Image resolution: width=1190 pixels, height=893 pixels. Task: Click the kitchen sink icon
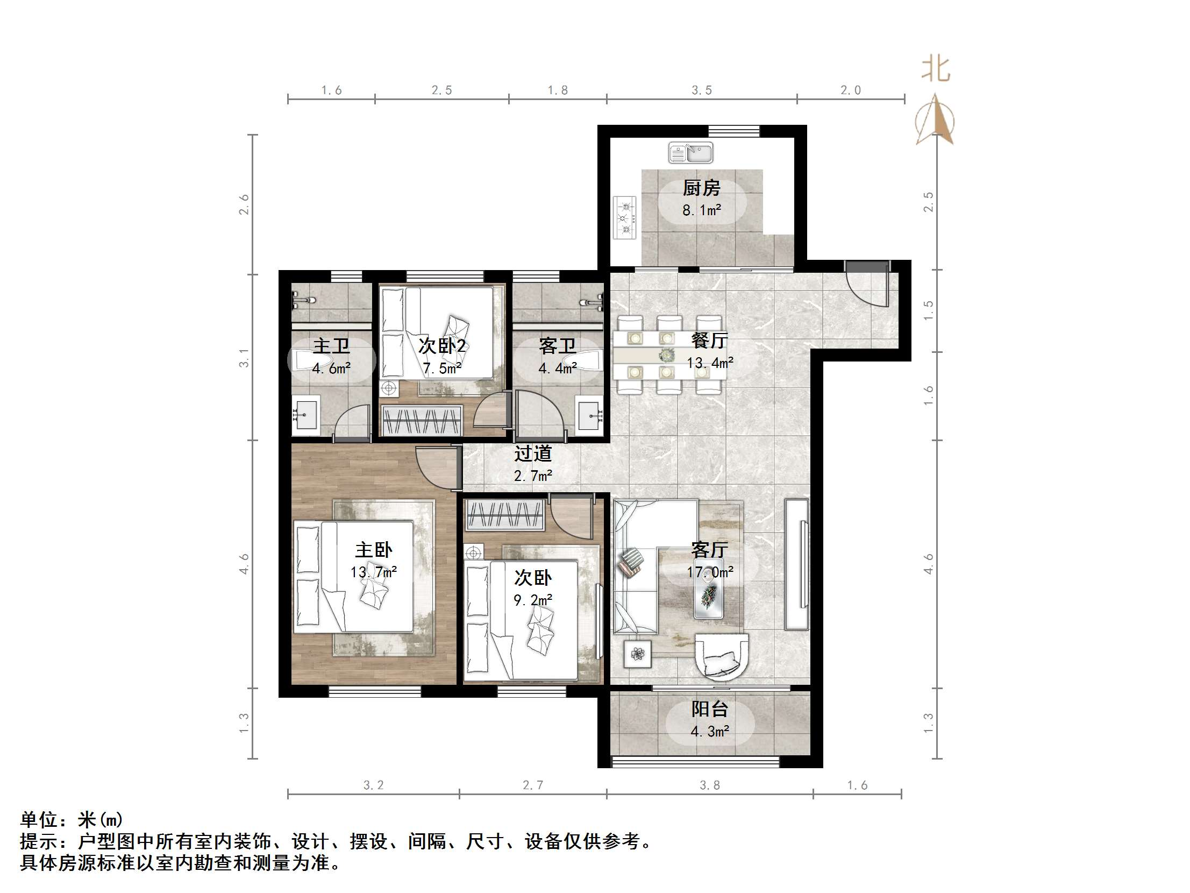(691, 153)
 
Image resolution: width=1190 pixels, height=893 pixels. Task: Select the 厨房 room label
(702, 188)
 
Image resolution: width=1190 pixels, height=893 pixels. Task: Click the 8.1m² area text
(702, 210)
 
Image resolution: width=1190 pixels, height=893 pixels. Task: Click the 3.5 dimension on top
(702, 90)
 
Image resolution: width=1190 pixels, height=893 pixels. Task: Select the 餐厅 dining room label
(710, 340)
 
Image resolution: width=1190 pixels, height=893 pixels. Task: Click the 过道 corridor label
(532, 454)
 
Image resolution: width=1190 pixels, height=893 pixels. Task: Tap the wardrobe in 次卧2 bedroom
(422, 420)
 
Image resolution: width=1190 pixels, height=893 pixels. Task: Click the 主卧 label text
(373, 550)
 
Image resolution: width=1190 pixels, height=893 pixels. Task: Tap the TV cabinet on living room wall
(797, 564)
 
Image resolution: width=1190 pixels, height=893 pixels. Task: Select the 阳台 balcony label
(710, 709)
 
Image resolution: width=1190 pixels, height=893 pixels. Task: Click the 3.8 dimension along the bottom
(710, 785)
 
